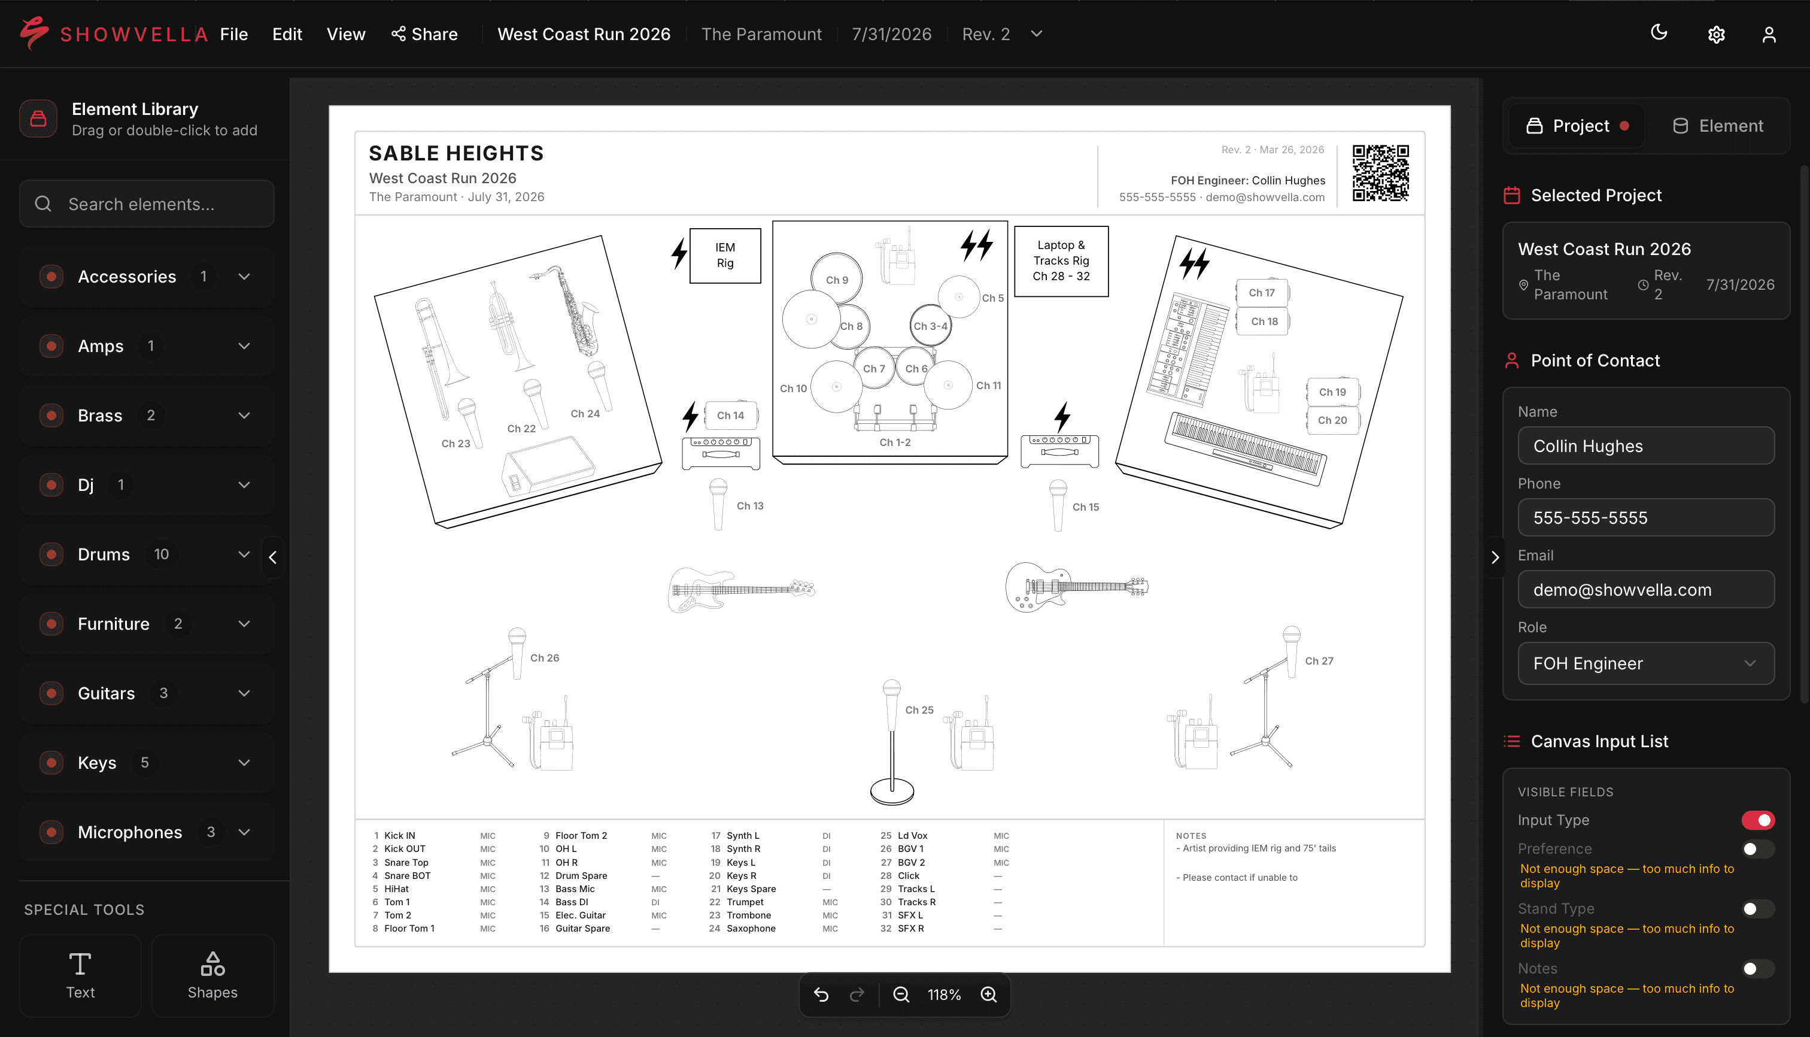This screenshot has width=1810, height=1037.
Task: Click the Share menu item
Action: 424,34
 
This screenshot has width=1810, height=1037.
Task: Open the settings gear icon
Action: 1716,34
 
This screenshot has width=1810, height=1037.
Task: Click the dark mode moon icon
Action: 1659,33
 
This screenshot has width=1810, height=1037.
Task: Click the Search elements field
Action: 147,204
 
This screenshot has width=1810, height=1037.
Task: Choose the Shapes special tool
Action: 212,975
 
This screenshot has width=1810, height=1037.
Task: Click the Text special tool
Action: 80,975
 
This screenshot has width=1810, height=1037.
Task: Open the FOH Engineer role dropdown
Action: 1645,663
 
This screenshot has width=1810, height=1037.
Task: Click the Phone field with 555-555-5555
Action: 1645,518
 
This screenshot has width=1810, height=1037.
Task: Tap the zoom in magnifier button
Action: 988,994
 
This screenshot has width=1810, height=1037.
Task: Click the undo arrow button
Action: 821,994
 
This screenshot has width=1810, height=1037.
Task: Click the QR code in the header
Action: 1380,173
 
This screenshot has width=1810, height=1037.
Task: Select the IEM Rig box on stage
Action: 725,256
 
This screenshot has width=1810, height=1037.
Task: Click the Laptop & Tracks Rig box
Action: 1061,260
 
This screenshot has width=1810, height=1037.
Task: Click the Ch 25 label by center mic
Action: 919,710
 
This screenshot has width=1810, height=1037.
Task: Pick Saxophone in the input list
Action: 751,928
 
